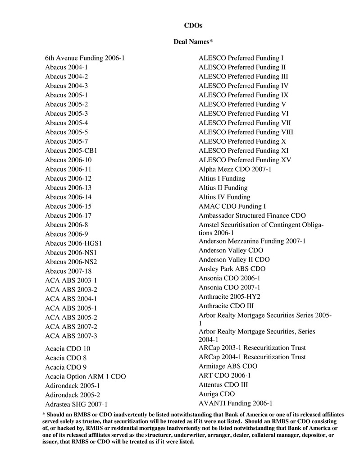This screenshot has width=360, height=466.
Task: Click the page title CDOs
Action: click(193, 25)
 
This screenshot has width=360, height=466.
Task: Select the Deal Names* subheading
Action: click(193, 42)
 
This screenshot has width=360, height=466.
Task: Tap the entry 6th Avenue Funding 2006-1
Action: click(85, 58)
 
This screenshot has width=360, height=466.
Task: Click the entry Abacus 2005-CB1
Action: click(71, 151)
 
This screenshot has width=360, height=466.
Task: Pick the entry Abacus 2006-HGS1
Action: click(74, 243)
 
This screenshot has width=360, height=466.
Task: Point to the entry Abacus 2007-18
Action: click(68, 271)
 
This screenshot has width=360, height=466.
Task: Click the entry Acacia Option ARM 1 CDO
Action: click(86, 376)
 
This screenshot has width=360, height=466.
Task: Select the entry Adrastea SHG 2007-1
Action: click(76, 404)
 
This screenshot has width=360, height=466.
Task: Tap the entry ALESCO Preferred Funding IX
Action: click(243, 95)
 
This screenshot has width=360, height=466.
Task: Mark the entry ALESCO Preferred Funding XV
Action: click(245, 160)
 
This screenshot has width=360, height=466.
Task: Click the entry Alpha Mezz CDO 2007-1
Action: click(235, 169)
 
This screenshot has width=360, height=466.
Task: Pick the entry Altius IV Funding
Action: click(224, 197)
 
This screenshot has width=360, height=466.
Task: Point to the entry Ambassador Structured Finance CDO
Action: click(252, 215)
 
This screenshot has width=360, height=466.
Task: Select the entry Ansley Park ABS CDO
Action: click(232, 269)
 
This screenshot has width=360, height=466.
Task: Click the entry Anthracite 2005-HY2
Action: click(229, 297)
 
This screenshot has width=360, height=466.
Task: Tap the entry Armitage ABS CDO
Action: click(228, 366)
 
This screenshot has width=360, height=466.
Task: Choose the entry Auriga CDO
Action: click(217, 394)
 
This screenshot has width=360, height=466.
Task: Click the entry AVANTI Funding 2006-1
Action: click(236, 403)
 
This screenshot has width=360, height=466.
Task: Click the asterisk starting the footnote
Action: click(44, 414)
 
